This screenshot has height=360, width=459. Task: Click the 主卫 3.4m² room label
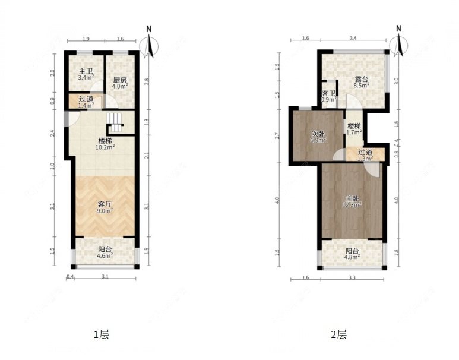click(86, 74)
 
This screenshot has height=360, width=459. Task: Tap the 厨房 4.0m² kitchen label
click(120, 83)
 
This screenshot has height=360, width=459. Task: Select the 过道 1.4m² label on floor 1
click(86, 102)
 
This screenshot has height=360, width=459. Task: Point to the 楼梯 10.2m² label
click(106, 143)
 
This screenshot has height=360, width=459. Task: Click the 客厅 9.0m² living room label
click(105, 206)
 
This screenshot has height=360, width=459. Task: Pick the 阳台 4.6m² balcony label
click(106, 253)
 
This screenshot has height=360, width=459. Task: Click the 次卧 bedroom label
click(318, 137)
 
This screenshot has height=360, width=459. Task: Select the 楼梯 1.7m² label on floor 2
click(354, 129)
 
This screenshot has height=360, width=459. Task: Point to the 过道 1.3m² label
click(365, 156)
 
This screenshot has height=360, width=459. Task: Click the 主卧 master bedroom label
click(352, 201)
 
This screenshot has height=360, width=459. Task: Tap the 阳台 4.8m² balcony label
click(352, 254)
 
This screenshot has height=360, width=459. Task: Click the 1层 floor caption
click(101, 334)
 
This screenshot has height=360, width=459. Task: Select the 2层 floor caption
click(338, 334)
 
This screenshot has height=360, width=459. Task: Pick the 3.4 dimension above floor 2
click(353, 39)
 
